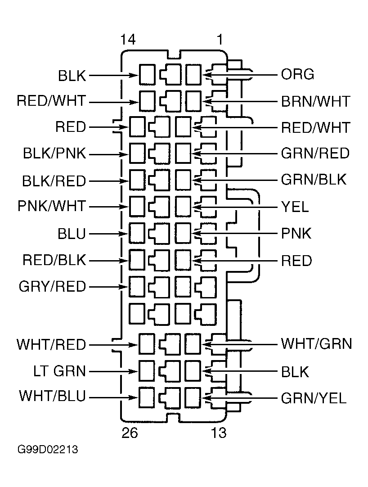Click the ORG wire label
pyautogui.click(x=297, y=75)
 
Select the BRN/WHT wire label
pyautogui.click(x=315, y=102)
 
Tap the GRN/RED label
pyautogui.click(x=315, y=153)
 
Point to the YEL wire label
pyautogui.click(x=295, y=207)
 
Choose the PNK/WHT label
pyautogui.click(x=52, y=206)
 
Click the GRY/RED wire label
pyautogui.click(x=52, y=286)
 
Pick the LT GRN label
pyautogui.click(x=59, y=371)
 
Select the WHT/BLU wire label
pyautogui.click(x=52, y=396)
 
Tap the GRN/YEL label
pyautogui.click(x=314, y=398)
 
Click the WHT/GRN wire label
pyautogui.click(x=316, y=344)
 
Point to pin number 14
pyautogui.click(x=128, y=40)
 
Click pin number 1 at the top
pyautogui.click(x=220, y=40)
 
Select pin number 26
pyautogui.click(x=130, y=433)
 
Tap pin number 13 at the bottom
pyautogui.click(x=219, y=433)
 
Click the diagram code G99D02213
pyautogui.click(x=48, y=450)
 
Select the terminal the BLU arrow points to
pyautogui.click(x=137, y=233)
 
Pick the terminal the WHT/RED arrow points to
pyautogui.click(x=147, y=344)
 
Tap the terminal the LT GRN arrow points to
pyautogui.click(x=147, y=371)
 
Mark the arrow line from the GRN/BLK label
pyautogui.click(x=235, y=180)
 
